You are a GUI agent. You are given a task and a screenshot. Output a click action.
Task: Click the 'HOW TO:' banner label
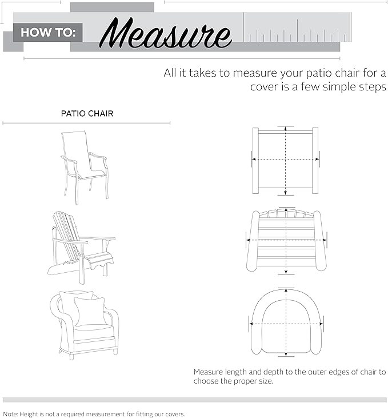47,32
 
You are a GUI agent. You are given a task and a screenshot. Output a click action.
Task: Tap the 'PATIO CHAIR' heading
87,114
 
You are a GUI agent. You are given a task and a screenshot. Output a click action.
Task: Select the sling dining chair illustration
85,164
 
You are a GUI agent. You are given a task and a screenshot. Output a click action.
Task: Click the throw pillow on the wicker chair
89,310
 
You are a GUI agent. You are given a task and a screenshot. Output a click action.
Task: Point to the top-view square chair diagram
285,160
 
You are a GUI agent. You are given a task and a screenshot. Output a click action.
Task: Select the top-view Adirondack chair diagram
286,240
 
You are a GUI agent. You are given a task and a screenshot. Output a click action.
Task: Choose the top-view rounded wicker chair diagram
286,323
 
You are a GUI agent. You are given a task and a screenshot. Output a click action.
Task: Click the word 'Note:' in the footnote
11,413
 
